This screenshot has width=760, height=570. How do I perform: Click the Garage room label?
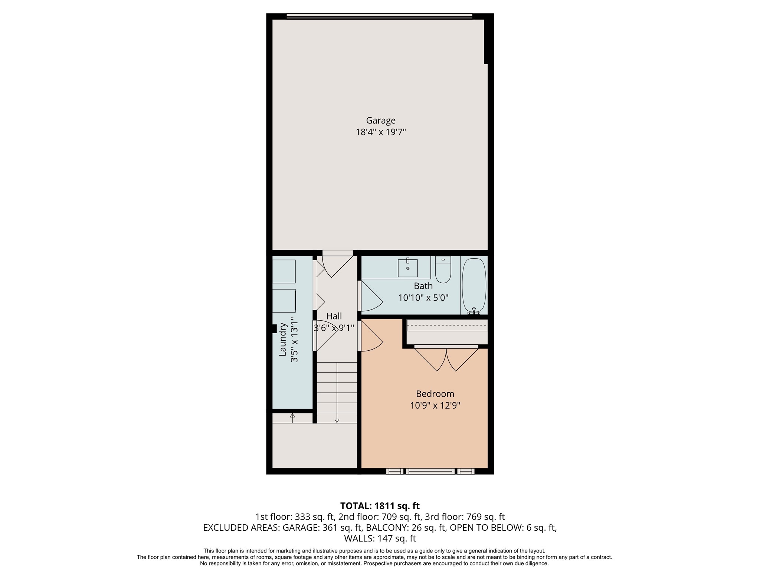pyautogui.click(x=381, y=121)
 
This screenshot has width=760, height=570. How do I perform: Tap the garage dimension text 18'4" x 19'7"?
pyautogui.click(x=381, y=132)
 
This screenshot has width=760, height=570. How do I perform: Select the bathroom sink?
pyautogui.click(x=407, y=268)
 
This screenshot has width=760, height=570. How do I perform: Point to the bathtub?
pyautogui.click(x=474, y=285)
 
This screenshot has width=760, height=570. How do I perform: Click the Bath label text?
pyautogui.click(x=423, y=286)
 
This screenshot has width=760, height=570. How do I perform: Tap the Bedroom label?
pyautogui.click(x=435, y=394)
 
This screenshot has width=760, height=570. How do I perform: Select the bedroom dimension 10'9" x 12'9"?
pyautogui.click(x=435, y=406)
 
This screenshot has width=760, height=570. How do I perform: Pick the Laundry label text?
pyautogui.click(x=283, y=340)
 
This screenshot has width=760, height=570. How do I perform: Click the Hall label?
pyautogui.click(x=334, y=316)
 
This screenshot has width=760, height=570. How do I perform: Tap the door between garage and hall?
pyautogui.click(x=337, y=264)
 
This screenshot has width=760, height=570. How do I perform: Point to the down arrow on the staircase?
pyautogui.click(x=337, y=420)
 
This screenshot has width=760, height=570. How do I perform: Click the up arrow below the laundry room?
pyautogui.click(x=292, y=416)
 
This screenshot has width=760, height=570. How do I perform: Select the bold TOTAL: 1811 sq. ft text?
pyautogui.click(x=380, y=506)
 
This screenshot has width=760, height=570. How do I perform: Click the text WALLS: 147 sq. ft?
pyautogui.click(x=380, y=538)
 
